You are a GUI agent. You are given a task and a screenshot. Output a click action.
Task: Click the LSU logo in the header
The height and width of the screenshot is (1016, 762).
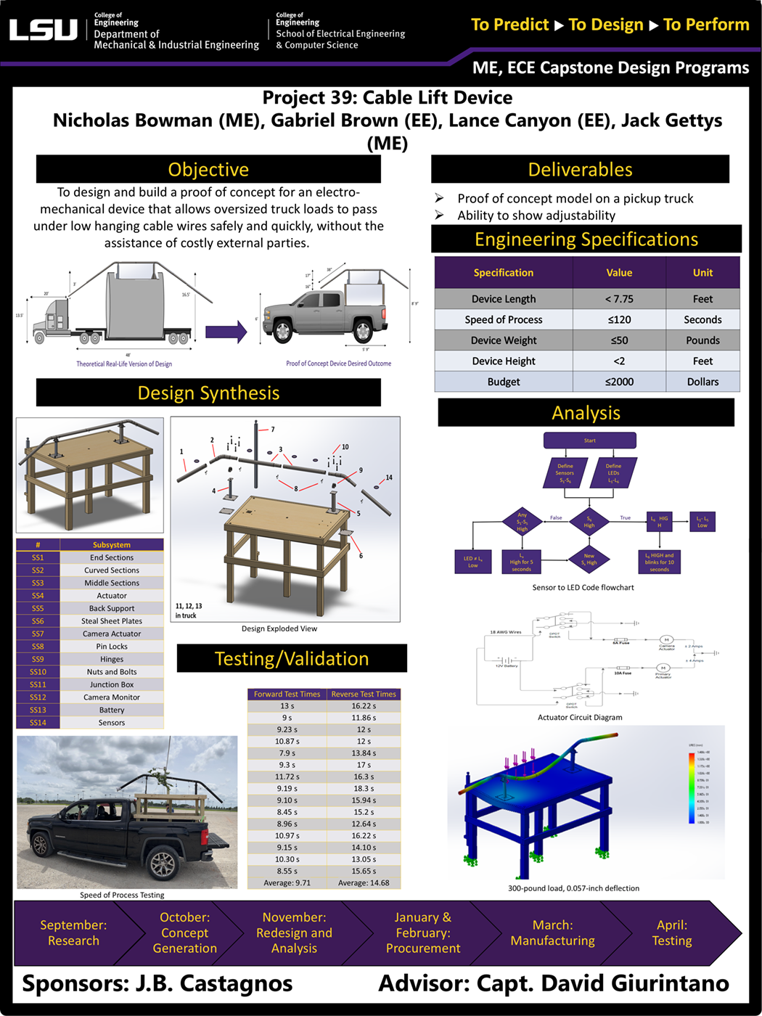[x=44, y=30]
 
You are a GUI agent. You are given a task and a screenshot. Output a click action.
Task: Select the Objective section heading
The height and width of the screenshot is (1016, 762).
[x=208, y=169]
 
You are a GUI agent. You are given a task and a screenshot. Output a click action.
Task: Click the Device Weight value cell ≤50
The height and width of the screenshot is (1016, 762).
[x=619, y=340]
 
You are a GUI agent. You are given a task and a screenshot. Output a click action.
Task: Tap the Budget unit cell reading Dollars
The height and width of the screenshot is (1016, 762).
[x=702, y=382]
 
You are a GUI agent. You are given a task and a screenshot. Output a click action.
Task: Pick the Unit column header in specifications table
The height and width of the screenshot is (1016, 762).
[x=702, y=273]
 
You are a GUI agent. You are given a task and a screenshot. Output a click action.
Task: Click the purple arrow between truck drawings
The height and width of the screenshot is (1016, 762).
[x=226, y=332]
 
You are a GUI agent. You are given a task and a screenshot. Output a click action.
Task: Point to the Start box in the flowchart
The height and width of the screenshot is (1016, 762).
[x=589, y=441]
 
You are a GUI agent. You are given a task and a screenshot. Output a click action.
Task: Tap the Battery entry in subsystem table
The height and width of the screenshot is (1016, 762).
[x=112, y=710]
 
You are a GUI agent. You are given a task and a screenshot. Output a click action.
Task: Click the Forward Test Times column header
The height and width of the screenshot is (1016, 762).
[x=287, y=695]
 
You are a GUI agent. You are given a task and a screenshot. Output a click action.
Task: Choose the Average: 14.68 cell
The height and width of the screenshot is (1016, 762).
[x=364, y=883]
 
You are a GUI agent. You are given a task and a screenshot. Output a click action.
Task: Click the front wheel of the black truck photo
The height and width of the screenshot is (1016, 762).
[x=40, y=845]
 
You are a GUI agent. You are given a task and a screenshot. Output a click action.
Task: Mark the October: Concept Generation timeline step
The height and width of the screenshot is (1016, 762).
[x=184, y=933]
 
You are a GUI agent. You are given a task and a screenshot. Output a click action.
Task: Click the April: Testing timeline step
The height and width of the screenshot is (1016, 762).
[x=671, y=933]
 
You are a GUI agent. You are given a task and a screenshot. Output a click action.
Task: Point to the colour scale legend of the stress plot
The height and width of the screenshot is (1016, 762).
[x=692, y=787]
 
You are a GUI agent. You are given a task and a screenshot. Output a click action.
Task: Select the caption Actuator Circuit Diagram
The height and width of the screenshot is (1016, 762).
[x=579, y=717]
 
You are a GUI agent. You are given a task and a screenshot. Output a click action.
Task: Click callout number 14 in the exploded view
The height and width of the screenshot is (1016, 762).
[x=389, y=478]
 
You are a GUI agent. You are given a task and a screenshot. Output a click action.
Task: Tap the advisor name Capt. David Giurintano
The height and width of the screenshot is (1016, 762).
[x=602, y=983]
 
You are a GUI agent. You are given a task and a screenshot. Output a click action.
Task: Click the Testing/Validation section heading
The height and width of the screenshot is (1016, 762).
[x=292, y=659]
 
